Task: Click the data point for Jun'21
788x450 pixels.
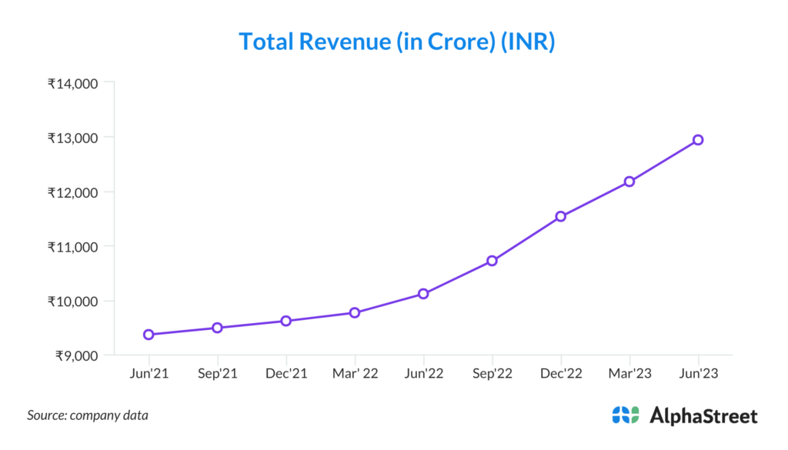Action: tap(149, 335)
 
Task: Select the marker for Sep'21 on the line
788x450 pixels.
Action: tap(218, 328)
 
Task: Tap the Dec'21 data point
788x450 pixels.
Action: tap(285, 321)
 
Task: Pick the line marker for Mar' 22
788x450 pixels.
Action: tap(355, 312)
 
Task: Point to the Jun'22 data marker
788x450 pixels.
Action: tap(423, 294)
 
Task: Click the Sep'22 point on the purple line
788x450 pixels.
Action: tap(492, 261)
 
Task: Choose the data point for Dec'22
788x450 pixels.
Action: tap(561, 216)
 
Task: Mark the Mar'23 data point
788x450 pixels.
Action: tap(629, 182)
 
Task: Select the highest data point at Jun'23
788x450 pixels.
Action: tap(698, 140)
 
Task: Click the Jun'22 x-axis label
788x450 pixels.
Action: tap(423, 373)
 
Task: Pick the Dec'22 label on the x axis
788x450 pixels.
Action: tap(561, 373)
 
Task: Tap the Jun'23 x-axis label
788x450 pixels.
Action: tap(698, 373)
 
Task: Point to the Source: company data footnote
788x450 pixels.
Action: tap(88, 415)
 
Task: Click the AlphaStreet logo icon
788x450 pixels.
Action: tap(626, 415)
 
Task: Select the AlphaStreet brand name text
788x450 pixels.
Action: tap(703, 416)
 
